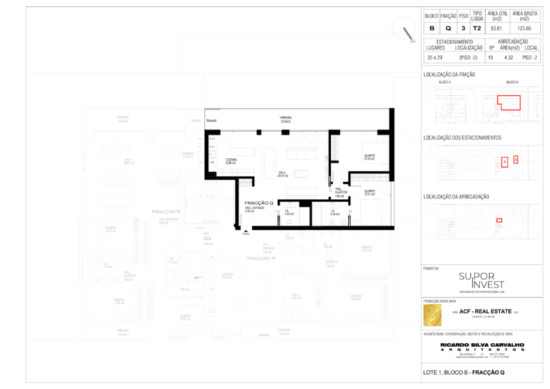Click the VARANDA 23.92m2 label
pyautogui.click(x=285, y=120)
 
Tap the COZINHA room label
pyautogui.click(x=231, y=161)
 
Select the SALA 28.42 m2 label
pyautogui.click(x=282, y=174)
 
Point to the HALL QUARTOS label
pyautogui.click(x=342, y=192)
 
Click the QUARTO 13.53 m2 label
pyautogui.click(x=370, y=157)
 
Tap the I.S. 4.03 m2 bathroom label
pyautogui.click(x=289, y=213)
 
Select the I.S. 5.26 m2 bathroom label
pyautogui.click(x=334, y=213)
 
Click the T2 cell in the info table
pyautogui.click(x=477, y=28)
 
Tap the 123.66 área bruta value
pyautogui.click(x=529, y=28)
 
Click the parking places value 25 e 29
pyautogui.click(x=434, y=57)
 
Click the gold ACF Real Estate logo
pyautogui.click(x=434, y=313)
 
